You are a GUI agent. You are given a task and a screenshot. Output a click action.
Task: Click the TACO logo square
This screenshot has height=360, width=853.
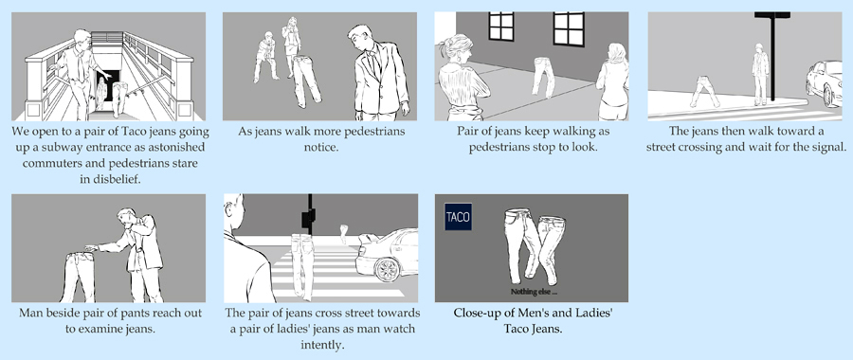pyautogui.click(x=458, y=216)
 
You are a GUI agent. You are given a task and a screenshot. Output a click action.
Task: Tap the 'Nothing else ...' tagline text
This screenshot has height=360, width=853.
pyautogui.click(x=534, y=292)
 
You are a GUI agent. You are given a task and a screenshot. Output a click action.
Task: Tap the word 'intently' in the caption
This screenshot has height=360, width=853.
pyautogui.click(x=322, y=344)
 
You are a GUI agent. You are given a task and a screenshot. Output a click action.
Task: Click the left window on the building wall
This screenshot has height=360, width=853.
pyautogui.click(x=501, y=27)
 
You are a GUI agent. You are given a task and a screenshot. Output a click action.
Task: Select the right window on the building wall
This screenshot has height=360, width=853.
pyautogui.click(x=569, y=28)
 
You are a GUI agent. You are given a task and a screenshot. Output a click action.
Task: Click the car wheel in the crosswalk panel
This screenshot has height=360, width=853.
pyautogui.click(x=388, y=269)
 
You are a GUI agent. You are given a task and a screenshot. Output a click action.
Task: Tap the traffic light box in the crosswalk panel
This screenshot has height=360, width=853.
pyautogui.click(x=308, y=219)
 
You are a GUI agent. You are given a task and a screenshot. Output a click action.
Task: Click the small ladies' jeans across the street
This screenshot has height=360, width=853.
pyautogui.click(x=343, y=234)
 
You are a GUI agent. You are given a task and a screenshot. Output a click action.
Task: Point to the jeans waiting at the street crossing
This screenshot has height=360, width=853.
pyautogui.click(x=704, y=91)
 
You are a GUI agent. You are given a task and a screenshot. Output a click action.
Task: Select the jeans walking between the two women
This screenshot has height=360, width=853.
pyautogui.click(x=543, y=77)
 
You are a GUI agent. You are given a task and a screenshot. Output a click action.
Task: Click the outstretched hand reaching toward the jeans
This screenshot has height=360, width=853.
pyautogui.click(x=91, y=248)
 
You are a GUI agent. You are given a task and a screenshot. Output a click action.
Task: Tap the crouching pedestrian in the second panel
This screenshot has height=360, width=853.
pyautogui.click(x=266, y=57)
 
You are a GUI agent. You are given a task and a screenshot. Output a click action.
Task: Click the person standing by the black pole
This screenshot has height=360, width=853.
pyautogui.click(x=760, y=74)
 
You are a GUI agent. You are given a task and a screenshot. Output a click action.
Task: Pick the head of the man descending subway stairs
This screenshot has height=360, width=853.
pyautogui.click(x=82, y=39)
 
